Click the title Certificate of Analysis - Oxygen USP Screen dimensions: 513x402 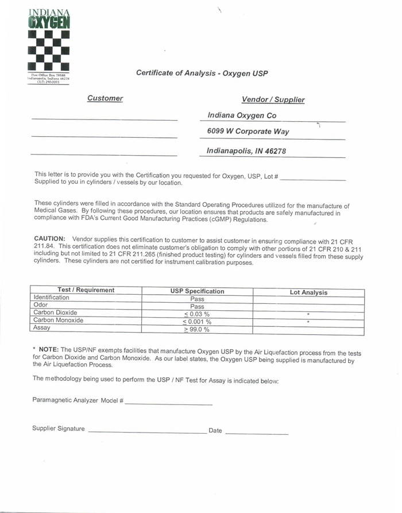202,73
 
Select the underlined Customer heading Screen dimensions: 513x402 105,98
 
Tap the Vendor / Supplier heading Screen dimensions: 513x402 273,99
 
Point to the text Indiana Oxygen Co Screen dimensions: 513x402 242,115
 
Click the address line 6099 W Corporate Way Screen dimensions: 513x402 248,132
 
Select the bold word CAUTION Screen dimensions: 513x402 49,238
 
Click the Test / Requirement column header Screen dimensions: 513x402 86,290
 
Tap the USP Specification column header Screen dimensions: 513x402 197,291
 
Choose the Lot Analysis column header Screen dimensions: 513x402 308,292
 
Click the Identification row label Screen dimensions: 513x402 51,298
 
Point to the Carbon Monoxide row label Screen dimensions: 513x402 58,320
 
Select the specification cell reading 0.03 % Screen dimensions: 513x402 197,314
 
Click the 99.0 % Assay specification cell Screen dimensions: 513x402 197,330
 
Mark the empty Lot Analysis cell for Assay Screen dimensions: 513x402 308,330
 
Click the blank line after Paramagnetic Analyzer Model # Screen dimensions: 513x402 168,403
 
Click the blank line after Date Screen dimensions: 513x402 257,432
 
